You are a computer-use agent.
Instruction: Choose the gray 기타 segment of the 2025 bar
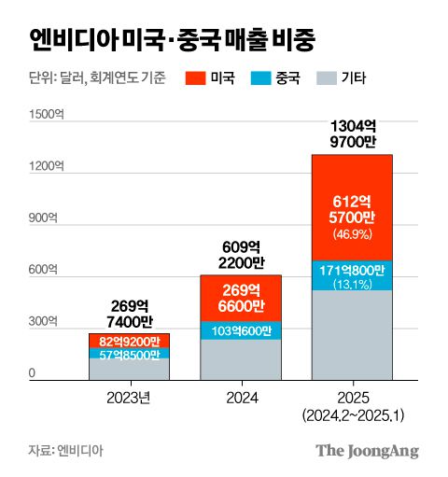point(352,336)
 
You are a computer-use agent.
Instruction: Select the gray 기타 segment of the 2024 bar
point(241,359)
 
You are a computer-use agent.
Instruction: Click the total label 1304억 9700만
point(352,134)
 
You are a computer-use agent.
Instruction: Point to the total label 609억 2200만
point(241,255)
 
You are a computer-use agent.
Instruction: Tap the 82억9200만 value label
point(130,341)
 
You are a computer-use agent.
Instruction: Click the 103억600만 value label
point(241,330)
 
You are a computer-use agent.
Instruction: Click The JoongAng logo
point(366,451)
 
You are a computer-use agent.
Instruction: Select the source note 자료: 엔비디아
point(66,451)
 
